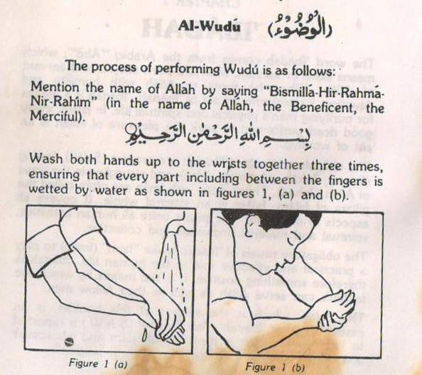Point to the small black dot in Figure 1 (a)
68,343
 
